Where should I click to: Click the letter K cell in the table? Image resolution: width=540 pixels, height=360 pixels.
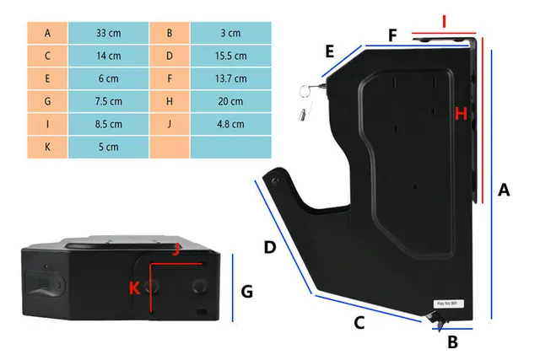point(47,147)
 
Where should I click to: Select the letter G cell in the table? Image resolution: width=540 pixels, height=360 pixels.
point(47,101)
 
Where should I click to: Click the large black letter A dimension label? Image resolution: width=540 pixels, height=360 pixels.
point(504,191)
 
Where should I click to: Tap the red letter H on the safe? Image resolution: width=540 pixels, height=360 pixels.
point(461,113)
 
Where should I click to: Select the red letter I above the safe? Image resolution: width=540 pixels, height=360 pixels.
point(444,18)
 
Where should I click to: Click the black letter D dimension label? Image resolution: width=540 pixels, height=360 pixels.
point(270,248)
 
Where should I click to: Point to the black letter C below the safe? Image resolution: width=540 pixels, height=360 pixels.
point(358,322)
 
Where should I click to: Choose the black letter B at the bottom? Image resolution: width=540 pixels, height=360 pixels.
point(452,342)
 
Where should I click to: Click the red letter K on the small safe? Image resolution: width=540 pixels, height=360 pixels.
point(134,287)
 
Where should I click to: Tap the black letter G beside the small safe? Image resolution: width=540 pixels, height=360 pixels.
point(247,292)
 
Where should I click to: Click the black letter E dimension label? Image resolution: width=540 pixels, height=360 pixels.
point(329,51)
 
